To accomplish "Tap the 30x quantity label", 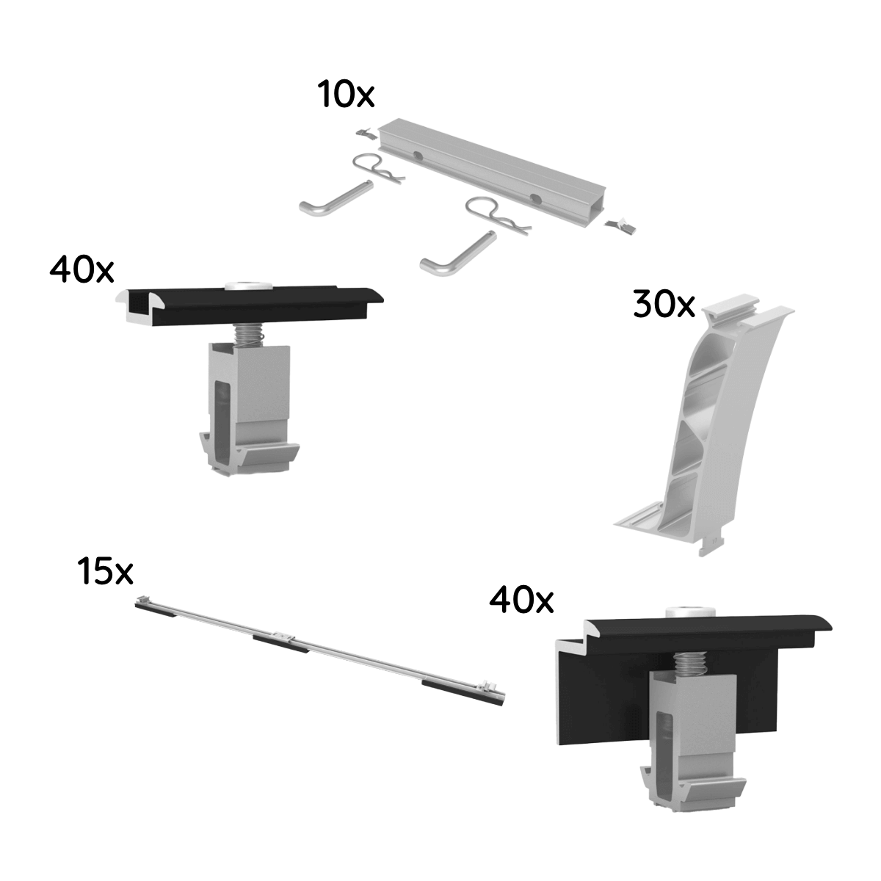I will [x=664, y=305].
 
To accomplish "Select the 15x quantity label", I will [x=105, y=572].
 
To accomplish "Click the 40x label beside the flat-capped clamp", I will [x=81, y=270].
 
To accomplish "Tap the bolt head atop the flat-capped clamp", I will [x=244, y=284].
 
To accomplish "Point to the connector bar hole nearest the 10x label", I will [x=416, y=156].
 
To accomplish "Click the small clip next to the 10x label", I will [x=365, y=133].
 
